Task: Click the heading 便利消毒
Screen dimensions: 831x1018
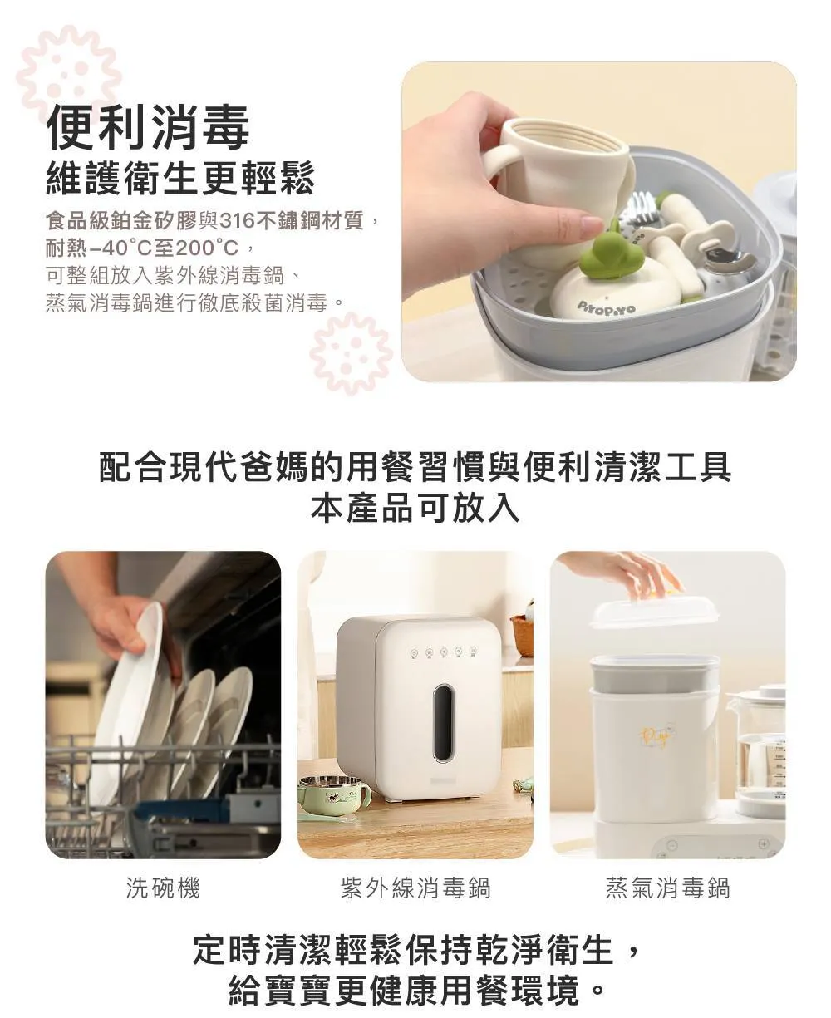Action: point(148,126)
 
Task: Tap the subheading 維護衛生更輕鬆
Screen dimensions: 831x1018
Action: point(180,179)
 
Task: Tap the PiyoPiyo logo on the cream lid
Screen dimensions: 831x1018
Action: point(606,307)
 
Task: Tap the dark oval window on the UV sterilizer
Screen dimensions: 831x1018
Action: point(443,724)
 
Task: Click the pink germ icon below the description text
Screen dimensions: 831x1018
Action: point(351,354)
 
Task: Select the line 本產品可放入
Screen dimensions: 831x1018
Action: point(415,509)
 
